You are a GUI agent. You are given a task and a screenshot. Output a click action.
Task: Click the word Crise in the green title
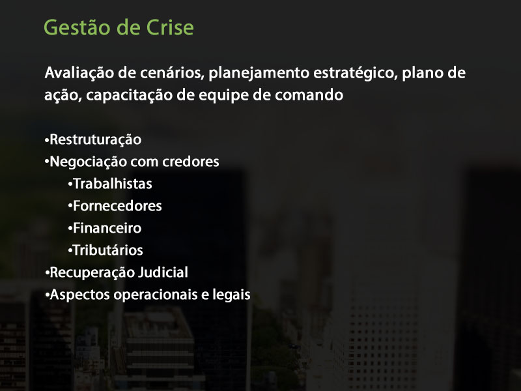click(170, 27)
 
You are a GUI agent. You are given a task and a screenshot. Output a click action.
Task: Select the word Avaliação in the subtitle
click(79, 74)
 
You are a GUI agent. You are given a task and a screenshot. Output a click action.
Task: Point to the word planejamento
click(259, 74)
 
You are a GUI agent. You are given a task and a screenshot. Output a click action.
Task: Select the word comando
click(309, 95)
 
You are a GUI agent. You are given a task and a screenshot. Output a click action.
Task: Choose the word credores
click(191, 162)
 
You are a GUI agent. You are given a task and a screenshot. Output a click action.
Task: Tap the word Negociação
click(88, 162)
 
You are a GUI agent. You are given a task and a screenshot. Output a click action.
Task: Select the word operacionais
click(156, 295)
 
